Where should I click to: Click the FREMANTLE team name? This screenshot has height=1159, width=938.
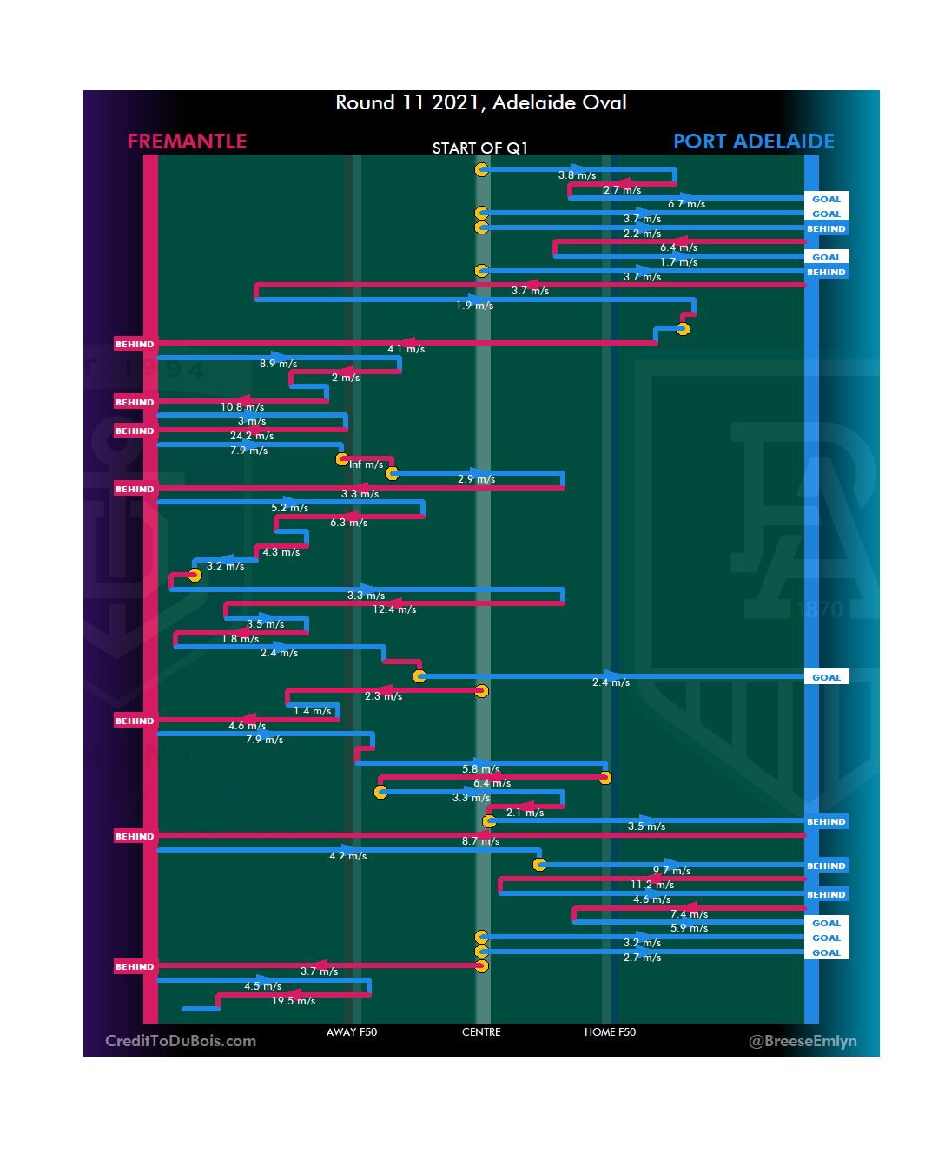187,142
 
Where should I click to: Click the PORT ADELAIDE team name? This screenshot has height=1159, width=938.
753,142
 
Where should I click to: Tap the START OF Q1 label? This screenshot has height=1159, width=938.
479,148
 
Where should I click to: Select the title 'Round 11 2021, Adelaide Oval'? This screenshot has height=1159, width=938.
481,103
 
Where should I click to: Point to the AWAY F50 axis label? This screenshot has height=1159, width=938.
352,1032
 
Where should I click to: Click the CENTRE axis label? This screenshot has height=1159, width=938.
481,1032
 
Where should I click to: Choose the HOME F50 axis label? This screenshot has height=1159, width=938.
610,1032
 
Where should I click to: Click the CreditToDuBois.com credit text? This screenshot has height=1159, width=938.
181,1041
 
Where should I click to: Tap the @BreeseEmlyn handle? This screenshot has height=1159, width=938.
803,1041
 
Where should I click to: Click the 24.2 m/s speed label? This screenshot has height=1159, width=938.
252,436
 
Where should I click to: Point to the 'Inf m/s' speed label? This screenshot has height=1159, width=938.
367,465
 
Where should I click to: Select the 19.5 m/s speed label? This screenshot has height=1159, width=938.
294,1001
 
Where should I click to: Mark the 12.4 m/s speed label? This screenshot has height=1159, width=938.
394,609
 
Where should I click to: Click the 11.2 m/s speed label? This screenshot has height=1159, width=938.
652,885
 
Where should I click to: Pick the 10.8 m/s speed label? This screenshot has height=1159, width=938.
242,407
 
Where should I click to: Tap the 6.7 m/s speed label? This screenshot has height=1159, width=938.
686,204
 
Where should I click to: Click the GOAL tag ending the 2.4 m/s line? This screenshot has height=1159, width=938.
826,677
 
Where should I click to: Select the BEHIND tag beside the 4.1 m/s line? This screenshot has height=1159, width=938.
135,345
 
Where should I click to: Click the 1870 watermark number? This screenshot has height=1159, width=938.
820,609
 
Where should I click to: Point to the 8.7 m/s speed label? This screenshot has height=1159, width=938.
480,841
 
